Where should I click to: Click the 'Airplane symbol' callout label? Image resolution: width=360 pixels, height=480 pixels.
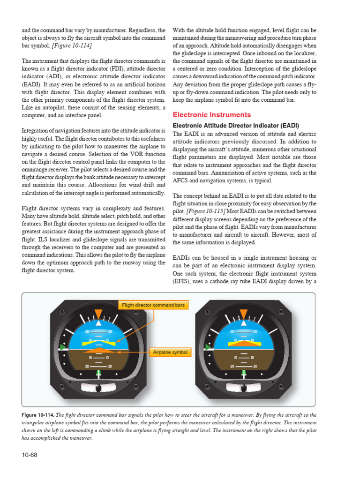[170, 352]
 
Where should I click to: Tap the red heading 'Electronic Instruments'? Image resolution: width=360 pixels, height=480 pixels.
[212, 115]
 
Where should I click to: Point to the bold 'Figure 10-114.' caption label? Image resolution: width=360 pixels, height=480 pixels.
[38, 415]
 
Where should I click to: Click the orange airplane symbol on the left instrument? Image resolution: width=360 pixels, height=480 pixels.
[98, 350]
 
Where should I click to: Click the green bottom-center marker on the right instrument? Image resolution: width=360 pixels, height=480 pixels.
[243, 373]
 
